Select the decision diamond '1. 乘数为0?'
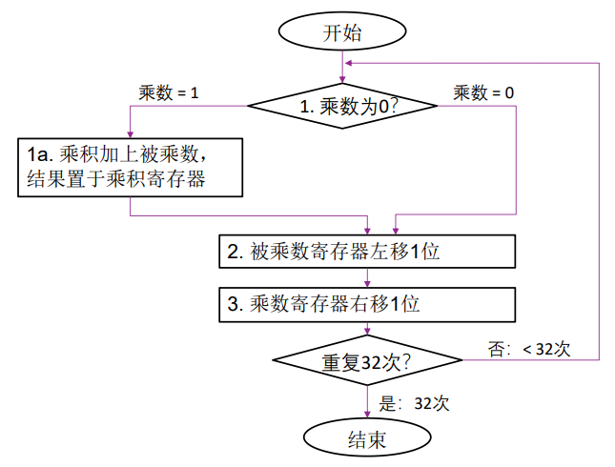pyautogui.click(x=343, y=107)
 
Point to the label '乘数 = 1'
pyautogui.click(x=169, y=92)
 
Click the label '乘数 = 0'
pyautogui.click(x=483, y=92)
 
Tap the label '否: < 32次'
pyautogui.click(x=529, y=349)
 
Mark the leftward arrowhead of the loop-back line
pyautogui.click(x=350, y=62)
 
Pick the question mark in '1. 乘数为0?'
pyautogui.click(x=391, y=107)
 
